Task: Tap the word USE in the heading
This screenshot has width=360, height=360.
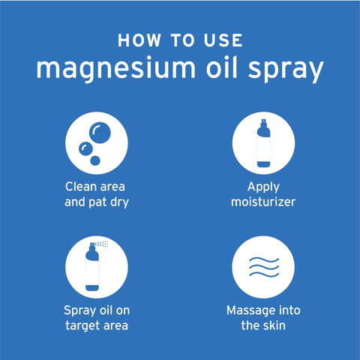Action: point(224,40)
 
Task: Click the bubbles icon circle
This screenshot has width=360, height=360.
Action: point(97,142)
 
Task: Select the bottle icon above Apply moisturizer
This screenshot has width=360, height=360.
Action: point(262,144)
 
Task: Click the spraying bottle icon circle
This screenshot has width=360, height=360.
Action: point(97,266)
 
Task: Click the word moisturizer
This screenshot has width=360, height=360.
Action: point(262,202)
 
